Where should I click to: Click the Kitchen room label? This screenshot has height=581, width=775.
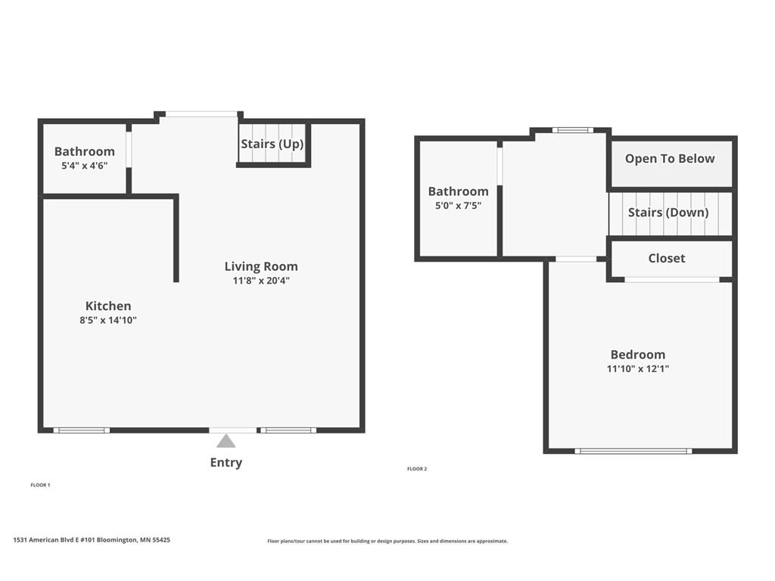[108, 306]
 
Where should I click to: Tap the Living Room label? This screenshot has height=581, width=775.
[261, 266]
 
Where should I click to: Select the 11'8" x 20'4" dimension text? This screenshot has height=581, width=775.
[261, 281]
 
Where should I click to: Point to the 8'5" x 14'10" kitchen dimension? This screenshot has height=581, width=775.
[108, 320]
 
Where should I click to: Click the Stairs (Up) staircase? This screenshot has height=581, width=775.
[272, 144]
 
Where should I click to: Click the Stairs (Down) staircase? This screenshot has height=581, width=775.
[669, 213]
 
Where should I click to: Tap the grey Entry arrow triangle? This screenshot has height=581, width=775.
[226, 441]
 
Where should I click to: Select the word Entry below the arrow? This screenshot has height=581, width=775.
[226, 462]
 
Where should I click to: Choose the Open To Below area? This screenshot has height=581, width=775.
[670, 159]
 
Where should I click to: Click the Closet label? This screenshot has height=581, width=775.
[667, 258]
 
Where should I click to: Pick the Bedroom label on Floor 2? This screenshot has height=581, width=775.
[638, 354]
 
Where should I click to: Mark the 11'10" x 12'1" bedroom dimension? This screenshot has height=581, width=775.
[638, 369]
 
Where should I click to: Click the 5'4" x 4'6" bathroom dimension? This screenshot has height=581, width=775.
[84, 165]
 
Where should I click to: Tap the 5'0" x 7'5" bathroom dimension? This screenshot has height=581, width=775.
[458, 205]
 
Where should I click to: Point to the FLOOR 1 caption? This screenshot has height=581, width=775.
[40, 485]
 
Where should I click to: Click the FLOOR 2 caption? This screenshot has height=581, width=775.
[417, 469]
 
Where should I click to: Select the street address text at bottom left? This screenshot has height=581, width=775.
[92, 540]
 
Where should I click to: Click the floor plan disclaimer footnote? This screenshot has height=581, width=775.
[387, 541]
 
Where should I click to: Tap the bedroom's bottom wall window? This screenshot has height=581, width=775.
[633, 451]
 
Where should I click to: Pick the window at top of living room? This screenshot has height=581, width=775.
[201, 114]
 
